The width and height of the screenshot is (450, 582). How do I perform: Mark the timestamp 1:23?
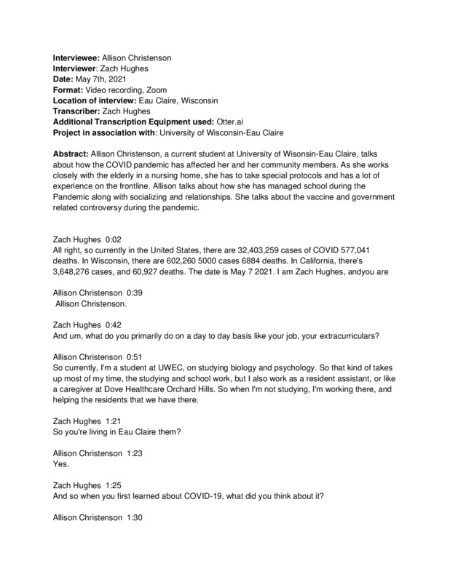[137, 453]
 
